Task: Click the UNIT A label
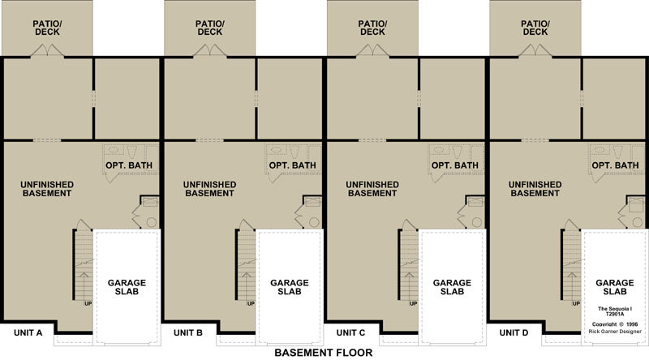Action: pos(28,332)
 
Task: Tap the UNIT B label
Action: pos(188,332)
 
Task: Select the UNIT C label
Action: pos(350,332)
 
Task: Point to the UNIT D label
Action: pos(514,332)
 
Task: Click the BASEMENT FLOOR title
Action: pos(323,353)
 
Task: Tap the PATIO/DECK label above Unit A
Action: pos(47,28)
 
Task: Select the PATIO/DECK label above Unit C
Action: pos(372,28)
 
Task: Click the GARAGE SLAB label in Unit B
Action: pos(290,287)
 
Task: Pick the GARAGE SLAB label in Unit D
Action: pos(615,287)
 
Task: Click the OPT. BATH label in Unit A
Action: pos(129,165)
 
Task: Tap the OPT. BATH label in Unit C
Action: pos(455,165)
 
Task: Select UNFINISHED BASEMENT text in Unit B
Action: pos(210,189)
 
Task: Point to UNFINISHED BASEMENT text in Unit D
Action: pos(535,189)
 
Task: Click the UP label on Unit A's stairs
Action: pos(88,304)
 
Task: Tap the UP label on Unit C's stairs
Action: pos(414,304)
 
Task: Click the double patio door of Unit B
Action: pos(210,50)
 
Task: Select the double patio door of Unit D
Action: pos(535,50)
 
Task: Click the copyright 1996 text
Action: pos(615,324)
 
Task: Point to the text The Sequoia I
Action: pos(615,309)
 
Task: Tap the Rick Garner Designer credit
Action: pos(615,332)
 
